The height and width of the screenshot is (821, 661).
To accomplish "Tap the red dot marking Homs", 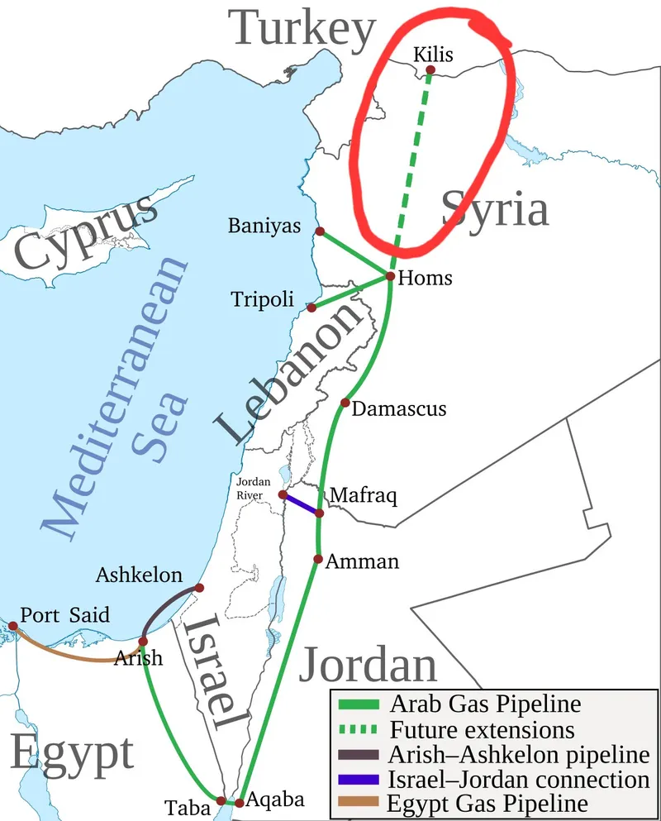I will coord(390,276).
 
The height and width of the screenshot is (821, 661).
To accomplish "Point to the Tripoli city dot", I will coord(311,308).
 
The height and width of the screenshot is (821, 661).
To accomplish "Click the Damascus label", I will coord(399,408).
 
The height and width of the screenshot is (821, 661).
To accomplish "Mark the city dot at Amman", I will coord(318,559).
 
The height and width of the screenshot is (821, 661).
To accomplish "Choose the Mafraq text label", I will coord(364,495).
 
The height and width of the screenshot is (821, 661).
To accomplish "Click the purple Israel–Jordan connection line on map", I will coord(301,504).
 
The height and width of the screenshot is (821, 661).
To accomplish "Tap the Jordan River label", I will coord(250,488).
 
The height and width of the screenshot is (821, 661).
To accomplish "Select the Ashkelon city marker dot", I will coord(198,588).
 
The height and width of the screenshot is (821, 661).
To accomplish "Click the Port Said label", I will coord(64,616).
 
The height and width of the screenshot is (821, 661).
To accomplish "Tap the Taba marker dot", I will coord(221,800).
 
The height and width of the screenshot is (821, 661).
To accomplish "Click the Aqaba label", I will coord(277,800).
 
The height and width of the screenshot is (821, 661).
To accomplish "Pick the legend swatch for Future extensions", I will coord(358,730).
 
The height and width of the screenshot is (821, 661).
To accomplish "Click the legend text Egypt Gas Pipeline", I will coord(488,803).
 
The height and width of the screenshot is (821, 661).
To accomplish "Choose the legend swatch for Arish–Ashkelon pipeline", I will coord(358,755).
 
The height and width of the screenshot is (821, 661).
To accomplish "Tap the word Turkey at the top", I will coord(303,29).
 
